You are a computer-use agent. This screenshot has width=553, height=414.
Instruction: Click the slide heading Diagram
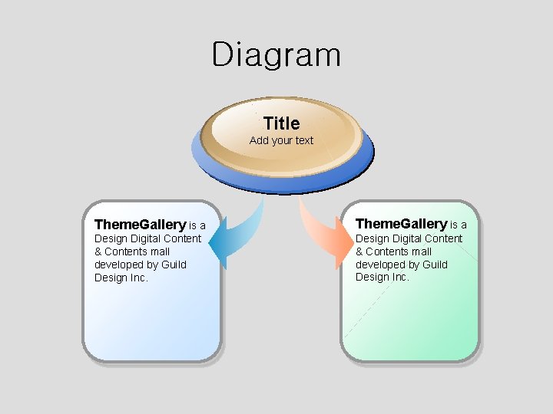point(276,55)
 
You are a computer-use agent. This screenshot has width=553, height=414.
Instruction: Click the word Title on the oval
point(281,123)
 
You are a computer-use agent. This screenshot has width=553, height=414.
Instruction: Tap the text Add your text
point(281,140)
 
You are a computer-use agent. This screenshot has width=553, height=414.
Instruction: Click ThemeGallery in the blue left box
point(139,225)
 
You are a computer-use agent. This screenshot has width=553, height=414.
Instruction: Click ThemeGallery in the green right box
point(400,224)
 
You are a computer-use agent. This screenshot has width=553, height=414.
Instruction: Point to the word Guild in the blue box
point(174,264)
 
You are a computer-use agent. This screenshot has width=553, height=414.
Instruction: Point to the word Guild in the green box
point(435,264)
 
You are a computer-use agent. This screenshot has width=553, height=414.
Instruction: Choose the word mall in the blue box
point(160,251)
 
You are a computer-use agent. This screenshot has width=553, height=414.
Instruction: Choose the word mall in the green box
point(421,251)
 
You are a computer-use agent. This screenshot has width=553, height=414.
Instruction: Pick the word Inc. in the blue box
point(138,278)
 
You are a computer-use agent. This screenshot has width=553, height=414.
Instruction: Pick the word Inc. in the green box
point(399,278)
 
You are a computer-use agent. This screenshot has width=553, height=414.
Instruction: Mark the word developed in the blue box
point(118,264)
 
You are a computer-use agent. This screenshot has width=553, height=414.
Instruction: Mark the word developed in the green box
point(379,264)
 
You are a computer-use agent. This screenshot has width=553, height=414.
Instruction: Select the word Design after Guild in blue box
point(110,278)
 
